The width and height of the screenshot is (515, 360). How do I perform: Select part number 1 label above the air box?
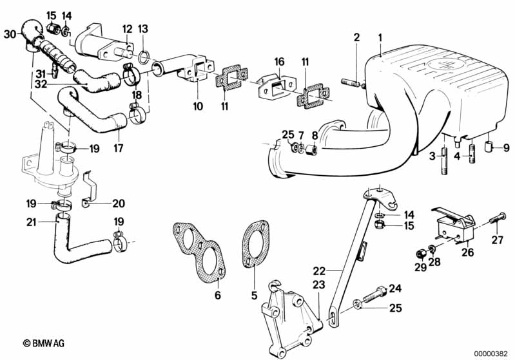click(x=380, y=37)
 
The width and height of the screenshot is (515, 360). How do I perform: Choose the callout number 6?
click(x=217, y=296)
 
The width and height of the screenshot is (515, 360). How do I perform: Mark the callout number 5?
click(x=253, y=296)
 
